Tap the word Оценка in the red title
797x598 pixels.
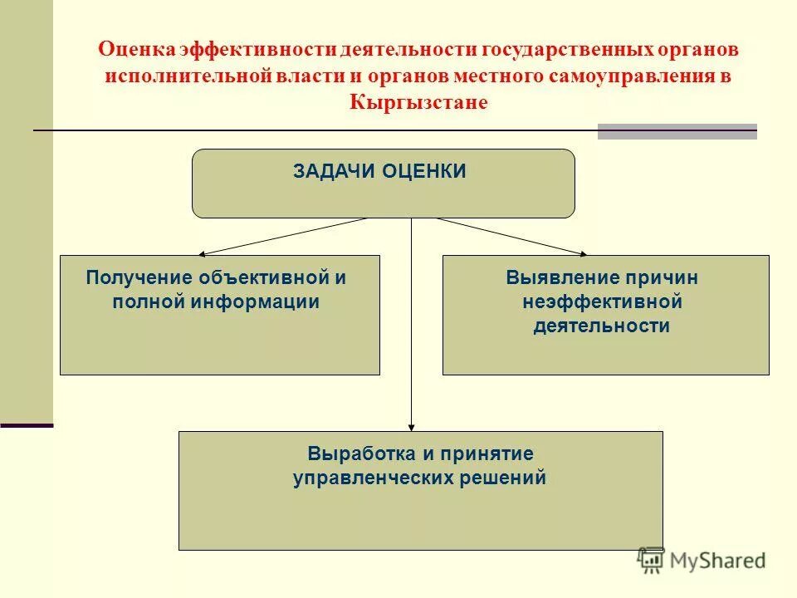137,49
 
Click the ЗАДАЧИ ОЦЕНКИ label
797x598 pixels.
379,171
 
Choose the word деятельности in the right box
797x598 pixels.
601,326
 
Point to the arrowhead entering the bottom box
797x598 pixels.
412,426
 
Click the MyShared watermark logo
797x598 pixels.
702,560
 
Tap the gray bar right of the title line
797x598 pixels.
677,131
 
